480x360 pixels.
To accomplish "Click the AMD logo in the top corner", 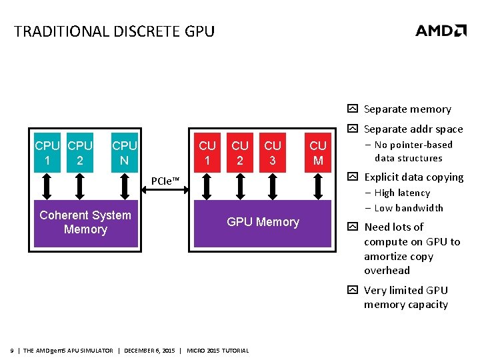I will pos(441,31).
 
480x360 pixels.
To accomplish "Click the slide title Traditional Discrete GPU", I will pos(114,31).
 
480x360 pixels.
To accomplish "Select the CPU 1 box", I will pos(47,153).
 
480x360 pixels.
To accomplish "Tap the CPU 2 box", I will pos(80,153).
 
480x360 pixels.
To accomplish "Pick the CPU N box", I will pos(125,153).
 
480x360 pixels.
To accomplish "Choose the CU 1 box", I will pos(207,153).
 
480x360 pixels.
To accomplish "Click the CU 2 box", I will pos(240,153).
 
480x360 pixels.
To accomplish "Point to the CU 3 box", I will pos(273,153).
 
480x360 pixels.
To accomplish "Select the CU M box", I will pos(318,153).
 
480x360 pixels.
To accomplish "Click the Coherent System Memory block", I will pos(85,223).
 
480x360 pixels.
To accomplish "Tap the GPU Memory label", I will pos(263,222).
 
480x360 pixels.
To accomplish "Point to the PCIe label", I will pos(165,181).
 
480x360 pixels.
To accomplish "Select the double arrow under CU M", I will pos(318,187).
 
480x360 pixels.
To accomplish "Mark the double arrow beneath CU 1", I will pos(207,187).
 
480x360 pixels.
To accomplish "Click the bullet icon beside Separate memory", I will pos(353,109).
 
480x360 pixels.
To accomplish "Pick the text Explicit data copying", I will pos(413,177).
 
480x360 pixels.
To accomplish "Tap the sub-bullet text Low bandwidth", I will pos(409,208).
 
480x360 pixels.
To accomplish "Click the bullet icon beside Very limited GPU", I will pos(353,290).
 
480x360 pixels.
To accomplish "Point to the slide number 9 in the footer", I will pos(13,351).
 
